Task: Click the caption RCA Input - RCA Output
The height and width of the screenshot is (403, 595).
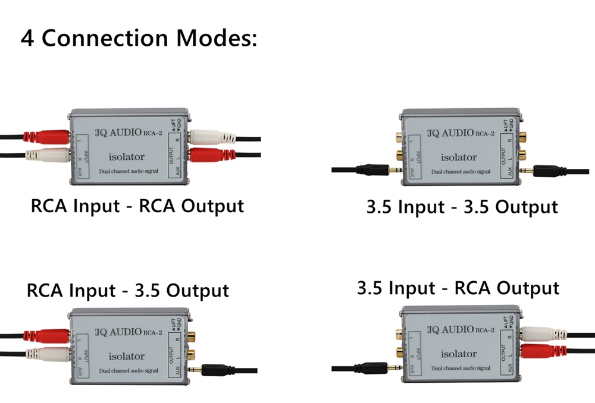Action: coord(137,206)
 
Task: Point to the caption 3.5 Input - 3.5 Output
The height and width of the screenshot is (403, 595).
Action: coord(462,207)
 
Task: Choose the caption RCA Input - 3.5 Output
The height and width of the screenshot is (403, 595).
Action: coord(127,291)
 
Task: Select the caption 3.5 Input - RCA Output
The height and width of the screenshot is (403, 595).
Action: coord(458,288)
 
